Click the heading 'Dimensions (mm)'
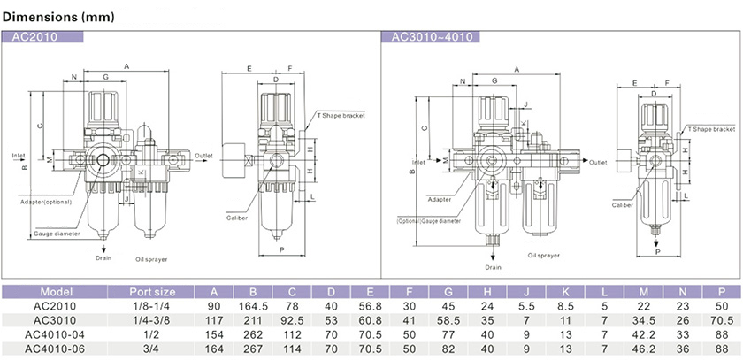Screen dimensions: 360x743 [x=55, y=17]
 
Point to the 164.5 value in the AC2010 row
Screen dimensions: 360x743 [x=253, y=306]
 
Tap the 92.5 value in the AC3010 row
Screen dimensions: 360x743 [x=293, y=320]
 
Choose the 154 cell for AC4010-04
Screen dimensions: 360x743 [x=213, y=334]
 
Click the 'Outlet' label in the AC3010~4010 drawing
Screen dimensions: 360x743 [x=599, y=164]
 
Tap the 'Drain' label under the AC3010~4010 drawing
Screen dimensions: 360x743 [x=493, y=267]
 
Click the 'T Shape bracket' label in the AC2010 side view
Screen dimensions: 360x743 [x=341, y=115]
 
